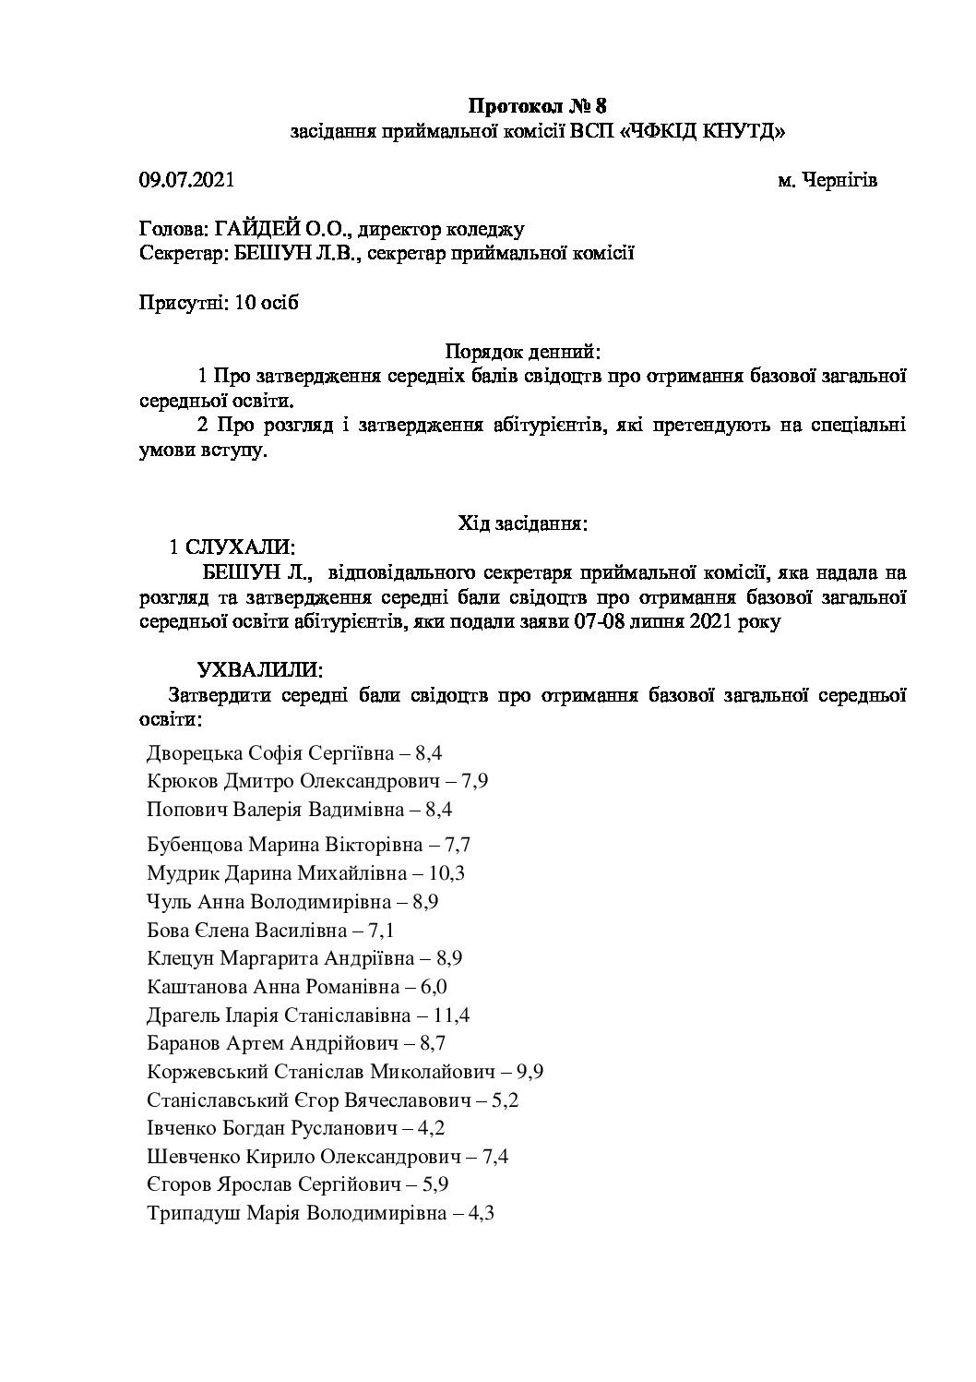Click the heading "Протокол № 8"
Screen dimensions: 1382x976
point(539,104)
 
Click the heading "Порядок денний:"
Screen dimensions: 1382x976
point(523,352)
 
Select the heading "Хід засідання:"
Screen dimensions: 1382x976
point(523,523)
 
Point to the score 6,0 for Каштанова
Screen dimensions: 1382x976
point(434,987)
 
